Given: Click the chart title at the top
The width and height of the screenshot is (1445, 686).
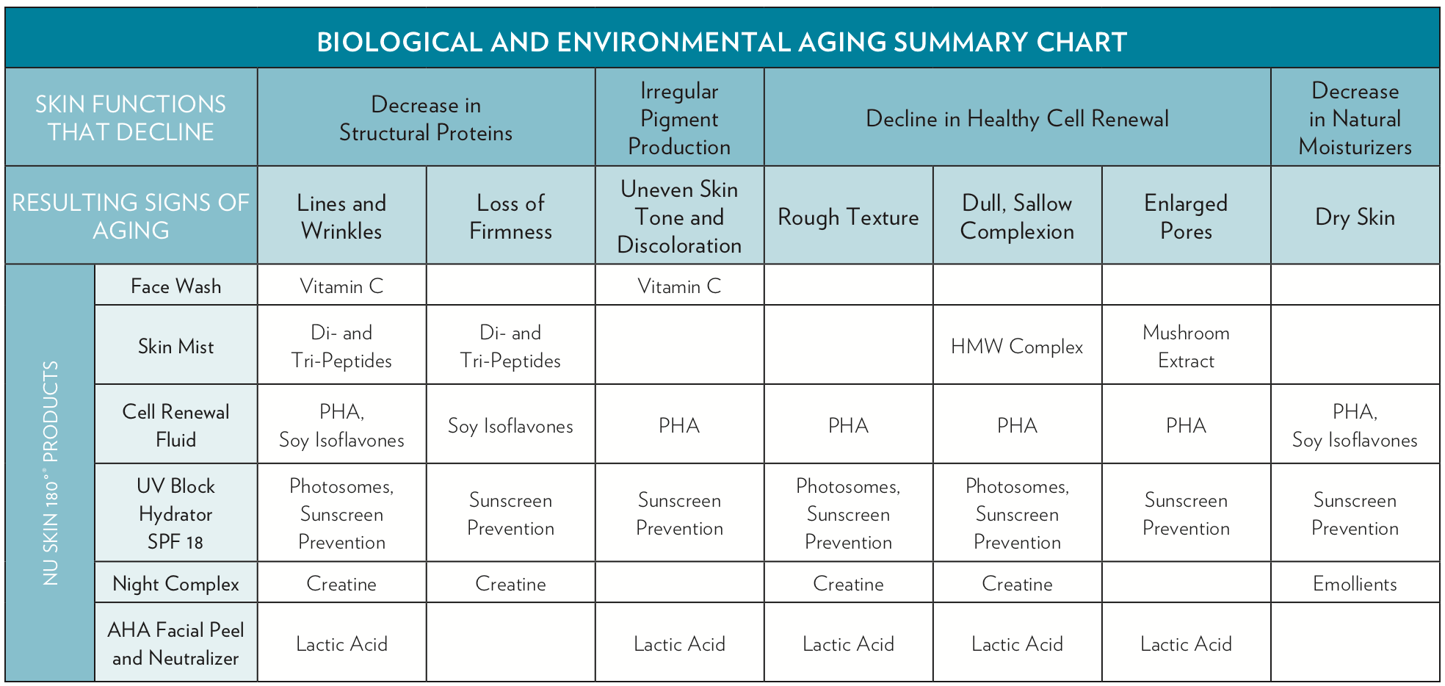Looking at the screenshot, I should [722, 42].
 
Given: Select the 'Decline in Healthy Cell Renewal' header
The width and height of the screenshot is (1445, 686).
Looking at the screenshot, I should [1017, 118].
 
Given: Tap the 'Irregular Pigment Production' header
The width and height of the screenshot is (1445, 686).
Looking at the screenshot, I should [679, 118].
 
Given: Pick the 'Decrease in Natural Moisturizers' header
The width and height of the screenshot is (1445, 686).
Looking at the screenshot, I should [1355, 118].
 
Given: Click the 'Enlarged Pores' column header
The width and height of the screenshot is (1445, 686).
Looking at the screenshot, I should [1186, 217].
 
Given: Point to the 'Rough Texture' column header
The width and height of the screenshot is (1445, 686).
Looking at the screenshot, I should [848, 217].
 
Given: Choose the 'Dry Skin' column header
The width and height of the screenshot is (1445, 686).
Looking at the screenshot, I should [1355, 217].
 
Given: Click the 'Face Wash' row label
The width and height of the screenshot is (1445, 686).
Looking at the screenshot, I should [176, 286].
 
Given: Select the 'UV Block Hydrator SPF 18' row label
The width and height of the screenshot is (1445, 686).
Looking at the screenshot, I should [176, 513].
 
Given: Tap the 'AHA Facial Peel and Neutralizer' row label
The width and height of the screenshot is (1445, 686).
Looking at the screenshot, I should [176, 643].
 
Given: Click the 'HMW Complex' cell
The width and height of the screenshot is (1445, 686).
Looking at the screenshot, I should [1017, 346].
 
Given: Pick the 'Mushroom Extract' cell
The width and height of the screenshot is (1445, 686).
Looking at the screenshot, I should [1186, 346].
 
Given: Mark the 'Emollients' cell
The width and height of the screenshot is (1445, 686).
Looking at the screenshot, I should [1355, 584].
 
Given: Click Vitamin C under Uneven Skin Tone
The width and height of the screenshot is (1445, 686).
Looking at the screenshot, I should [679, 286].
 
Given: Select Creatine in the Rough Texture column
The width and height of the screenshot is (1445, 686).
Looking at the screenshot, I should [848, 584].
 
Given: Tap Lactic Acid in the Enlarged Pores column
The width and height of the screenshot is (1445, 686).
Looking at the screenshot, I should [1186, 644].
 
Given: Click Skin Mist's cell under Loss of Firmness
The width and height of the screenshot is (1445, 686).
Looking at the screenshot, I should [510, 346].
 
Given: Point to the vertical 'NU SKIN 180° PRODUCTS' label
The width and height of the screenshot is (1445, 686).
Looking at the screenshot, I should [51, 473].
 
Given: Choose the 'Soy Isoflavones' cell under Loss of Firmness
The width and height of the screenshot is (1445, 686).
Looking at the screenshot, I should [510, 426].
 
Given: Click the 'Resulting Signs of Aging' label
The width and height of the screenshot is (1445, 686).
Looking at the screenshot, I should [131, 216].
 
